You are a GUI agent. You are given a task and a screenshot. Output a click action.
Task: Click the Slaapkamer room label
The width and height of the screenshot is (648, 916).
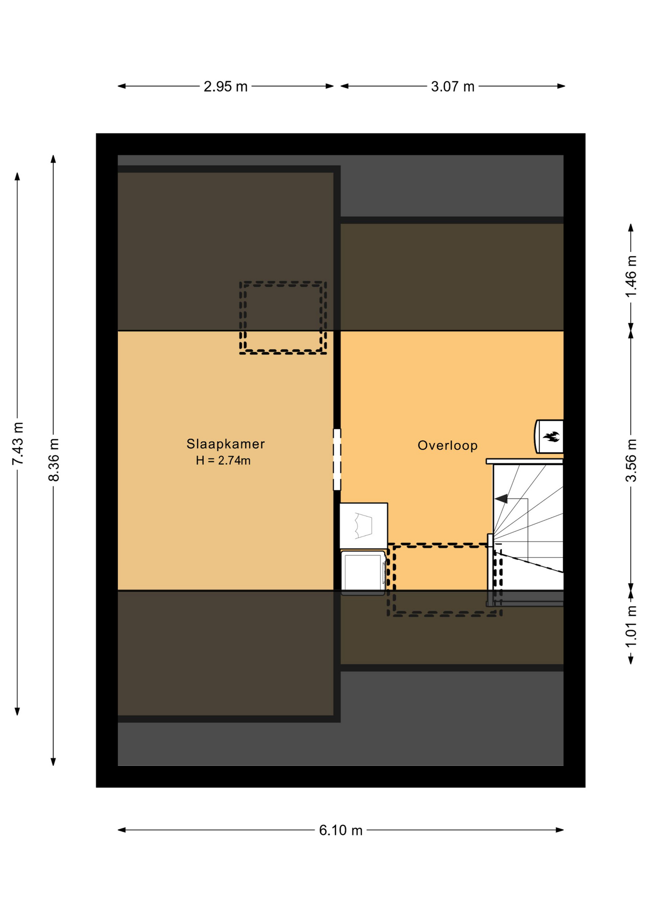pyautogui.click(x=225, y=444)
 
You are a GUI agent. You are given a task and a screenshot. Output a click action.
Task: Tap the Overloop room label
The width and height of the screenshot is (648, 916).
pyautogui.click(x=447, y=445)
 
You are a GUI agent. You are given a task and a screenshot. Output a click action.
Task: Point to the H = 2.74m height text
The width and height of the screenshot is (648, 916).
pyautogui.click(x=223, y=460)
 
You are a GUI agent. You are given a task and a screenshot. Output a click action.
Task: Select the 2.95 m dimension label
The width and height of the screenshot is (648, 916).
pyautogui.click(x=225, y=86)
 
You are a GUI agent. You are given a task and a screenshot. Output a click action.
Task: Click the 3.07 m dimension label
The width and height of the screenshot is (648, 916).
pyautogui.click(x=452, y=86)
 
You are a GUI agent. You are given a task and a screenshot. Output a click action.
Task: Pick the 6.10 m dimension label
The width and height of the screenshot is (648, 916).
pyautogui.click(x=341, y=830)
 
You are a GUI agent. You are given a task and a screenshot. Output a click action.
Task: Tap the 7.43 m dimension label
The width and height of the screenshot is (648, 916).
pyautogui.click(x=18, y=443)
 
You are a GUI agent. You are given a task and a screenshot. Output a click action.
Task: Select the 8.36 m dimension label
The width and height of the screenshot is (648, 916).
pyautogui.click(x=53, y=460)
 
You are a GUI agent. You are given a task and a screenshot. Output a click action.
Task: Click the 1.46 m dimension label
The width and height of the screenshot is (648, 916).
pyautogui.click(x=631, y=277)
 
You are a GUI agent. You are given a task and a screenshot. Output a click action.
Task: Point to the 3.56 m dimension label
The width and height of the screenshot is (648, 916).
pyautogui.click(x=631, y=460)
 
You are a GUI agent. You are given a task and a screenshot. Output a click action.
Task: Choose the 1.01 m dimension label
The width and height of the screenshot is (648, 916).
pyautogui.click(x=631, y=626)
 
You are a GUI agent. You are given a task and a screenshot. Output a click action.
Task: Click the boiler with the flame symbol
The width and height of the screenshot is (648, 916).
pyautogui.click(x=549, y=436)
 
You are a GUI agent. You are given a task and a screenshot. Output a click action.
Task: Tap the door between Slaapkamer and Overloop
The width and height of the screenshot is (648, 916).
pyautogui.click(x=337, y=459)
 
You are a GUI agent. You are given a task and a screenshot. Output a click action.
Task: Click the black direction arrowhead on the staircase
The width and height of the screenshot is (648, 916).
pyautogui.click(x=501, y=499)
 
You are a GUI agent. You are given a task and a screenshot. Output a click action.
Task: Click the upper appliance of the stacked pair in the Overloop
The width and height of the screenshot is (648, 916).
pyautogui.click(x=364, y=526)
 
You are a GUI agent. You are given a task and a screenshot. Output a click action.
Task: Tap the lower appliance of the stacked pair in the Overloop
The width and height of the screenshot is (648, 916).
pyautogui.click(x=363, y=572)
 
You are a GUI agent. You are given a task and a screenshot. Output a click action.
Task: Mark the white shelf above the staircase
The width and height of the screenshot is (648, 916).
pyautogui.click(x=524, y=461)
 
